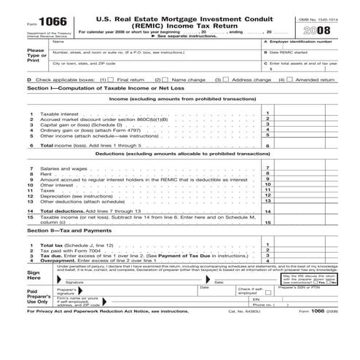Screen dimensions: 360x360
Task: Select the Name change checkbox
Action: [165, 80]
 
